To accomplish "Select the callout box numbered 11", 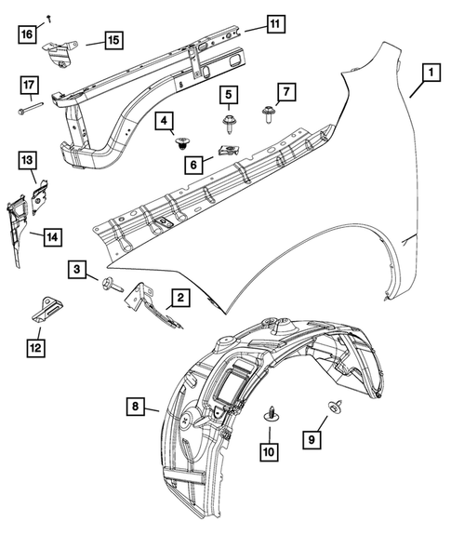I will coord(274,24).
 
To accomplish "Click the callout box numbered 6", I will coord(194,163).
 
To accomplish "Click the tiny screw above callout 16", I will coord(48,18).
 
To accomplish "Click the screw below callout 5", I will coord(228,121).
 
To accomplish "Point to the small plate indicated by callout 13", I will coord(40,194).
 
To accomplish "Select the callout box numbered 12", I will coord(35,349).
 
